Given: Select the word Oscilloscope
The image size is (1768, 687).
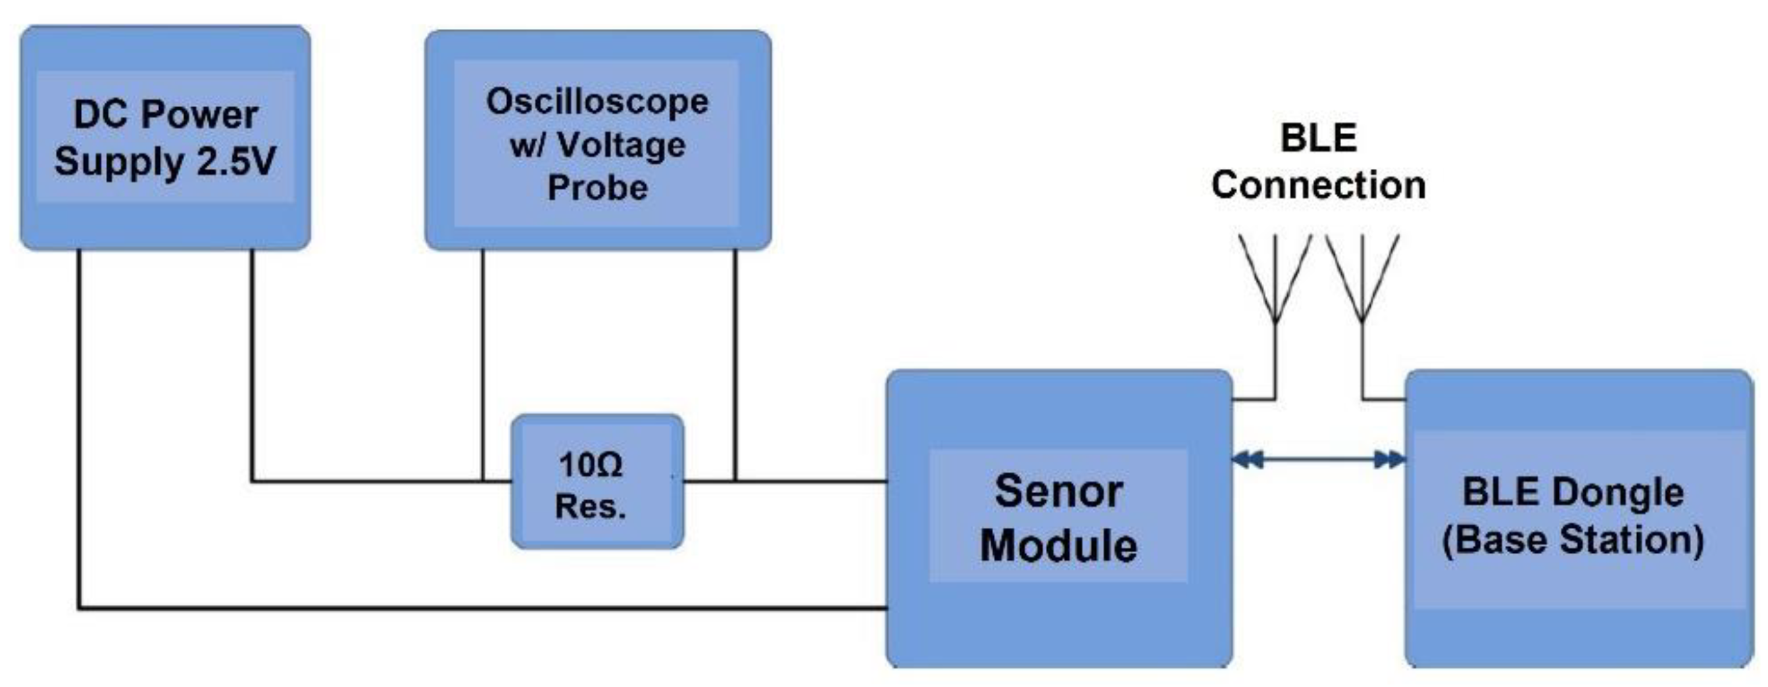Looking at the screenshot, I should click(x=597, y=103).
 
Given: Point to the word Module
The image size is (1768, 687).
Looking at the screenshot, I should click(x=1058, y=546).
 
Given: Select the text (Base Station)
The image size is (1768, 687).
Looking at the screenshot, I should click(x=1573, y=540).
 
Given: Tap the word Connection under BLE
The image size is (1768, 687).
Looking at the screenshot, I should click(x=1317, y=185).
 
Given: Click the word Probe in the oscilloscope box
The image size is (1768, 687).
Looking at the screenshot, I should click(x=597, y=187).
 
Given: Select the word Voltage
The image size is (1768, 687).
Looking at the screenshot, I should click(x=621, y=145).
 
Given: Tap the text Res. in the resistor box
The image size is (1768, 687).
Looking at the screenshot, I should click(x=590, y=506).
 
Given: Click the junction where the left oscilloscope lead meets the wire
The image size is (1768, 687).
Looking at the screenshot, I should click(x=483, y=481).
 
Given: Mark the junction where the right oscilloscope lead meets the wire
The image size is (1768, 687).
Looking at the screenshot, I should click(x=735, y=481).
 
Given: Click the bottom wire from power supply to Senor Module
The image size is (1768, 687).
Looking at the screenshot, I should click(x=480, y=608).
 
